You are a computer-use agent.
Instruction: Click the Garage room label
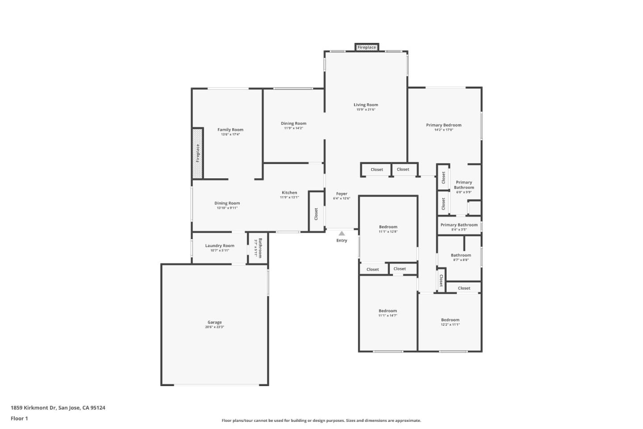214,322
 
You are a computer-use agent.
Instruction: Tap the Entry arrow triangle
342,233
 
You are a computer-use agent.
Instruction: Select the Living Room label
366,105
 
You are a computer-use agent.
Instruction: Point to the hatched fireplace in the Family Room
198,153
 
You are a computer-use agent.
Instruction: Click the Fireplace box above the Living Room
367,47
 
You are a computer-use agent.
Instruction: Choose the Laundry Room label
220,246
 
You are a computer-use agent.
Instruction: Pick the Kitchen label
289,193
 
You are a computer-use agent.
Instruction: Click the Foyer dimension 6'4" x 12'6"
342,198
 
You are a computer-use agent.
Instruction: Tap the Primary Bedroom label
443,125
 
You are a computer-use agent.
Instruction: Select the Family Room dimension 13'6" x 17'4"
230,135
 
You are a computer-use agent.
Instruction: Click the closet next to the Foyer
316,214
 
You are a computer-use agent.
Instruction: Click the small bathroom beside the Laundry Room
258,248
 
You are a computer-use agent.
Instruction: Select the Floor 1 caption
19,419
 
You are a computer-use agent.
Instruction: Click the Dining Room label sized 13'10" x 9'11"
227,203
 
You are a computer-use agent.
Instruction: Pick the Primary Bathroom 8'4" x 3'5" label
459,225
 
